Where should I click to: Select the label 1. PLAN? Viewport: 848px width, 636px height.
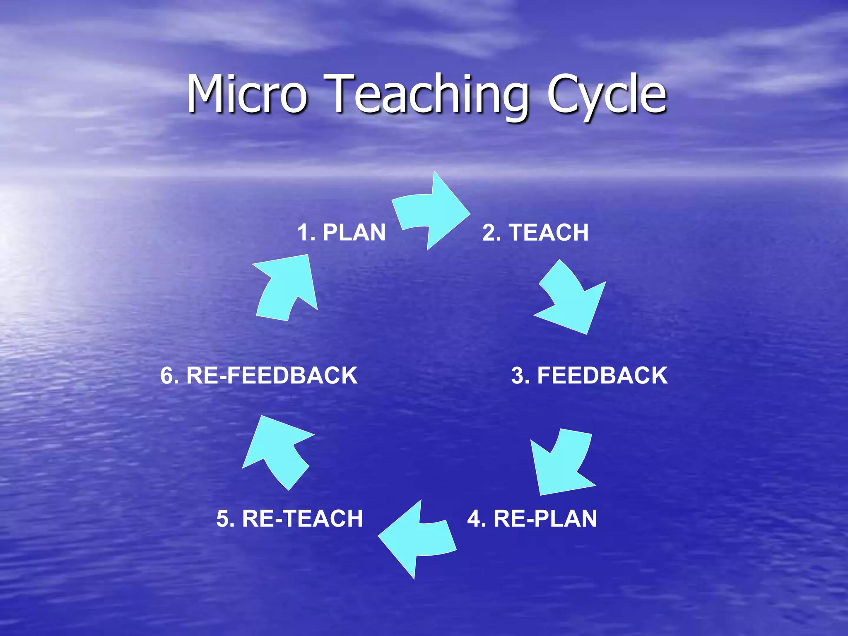coord(341,232)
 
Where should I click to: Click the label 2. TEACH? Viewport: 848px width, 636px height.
coord(535,232)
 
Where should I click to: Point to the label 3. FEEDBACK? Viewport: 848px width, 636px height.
coord(589,376)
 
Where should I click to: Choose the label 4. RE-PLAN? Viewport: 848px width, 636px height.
coord(532,518)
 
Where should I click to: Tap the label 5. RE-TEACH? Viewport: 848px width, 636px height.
coord(289,518)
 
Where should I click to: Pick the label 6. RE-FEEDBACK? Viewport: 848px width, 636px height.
coord(259,376)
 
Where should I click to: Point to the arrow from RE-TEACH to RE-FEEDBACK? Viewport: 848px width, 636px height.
coord(275,451)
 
